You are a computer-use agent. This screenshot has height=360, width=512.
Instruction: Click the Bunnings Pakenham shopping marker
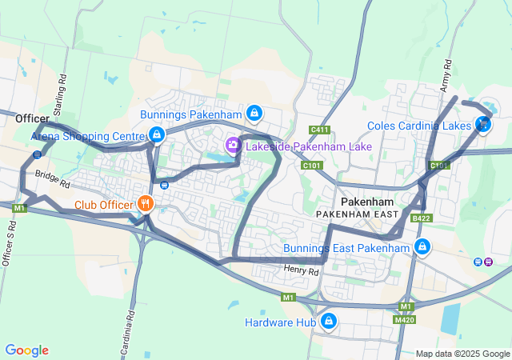(254, 114)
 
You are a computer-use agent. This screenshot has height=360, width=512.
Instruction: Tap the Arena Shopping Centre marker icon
(157, 135)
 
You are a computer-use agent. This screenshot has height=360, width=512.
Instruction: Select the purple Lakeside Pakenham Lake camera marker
(233, 146)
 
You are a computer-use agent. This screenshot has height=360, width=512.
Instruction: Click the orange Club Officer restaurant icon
(145, 203)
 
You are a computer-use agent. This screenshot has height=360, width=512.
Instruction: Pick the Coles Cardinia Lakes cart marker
(482, 124)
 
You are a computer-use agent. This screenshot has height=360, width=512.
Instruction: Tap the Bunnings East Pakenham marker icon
(422, 247)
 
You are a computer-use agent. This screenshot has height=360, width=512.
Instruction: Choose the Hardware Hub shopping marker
(327, 322)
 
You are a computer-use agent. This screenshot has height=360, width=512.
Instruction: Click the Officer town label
(32, 118)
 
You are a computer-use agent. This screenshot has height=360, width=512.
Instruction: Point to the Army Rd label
(446, 77)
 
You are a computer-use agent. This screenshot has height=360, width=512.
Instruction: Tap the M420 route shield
(406, 319)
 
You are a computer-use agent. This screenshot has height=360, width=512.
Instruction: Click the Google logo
(26, 350)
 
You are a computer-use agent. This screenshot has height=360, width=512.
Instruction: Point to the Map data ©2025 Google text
(462, 354)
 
